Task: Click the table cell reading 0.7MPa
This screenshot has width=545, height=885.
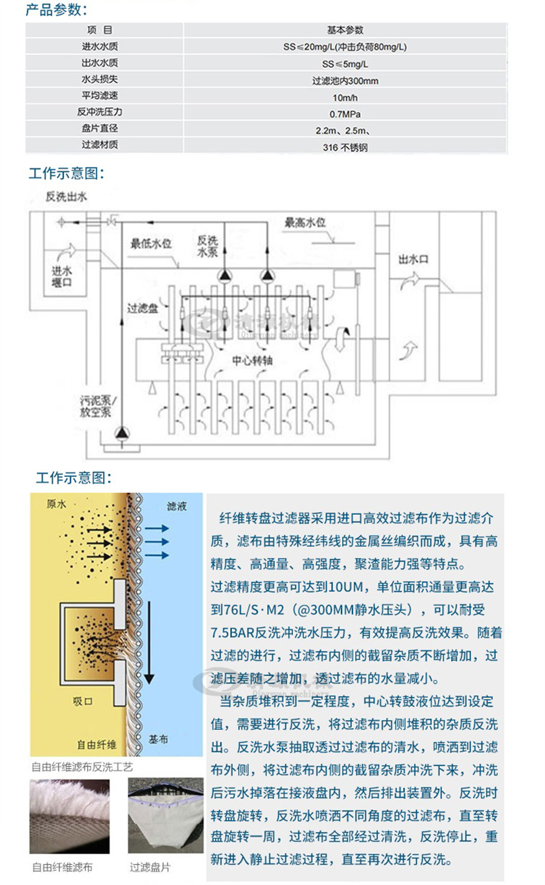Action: tap(345, 114)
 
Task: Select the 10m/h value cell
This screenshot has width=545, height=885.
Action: tap(345, 98)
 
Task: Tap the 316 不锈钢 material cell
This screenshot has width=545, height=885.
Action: tap(345, 147)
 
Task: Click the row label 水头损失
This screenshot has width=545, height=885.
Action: tap(100, 79)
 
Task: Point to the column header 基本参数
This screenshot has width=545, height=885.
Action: tap(345, 30)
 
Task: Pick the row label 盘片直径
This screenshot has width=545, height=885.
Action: tap(100, 128)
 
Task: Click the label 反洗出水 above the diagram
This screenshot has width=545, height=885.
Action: tap(66, 196)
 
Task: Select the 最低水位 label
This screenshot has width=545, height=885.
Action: tap(151, 244)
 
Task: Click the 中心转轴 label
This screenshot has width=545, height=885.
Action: tap(252, 360)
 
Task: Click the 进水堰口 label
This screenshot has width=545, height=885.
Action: tap(62, 277)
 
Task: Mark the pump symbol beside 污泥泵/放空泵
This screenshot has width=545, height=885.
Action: tap(122, 433)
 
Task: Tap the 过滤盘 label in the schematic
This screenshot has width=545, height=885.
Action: tap(142, 308)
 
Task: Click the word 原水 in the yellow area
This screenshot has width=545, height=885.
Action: tap(56, 505)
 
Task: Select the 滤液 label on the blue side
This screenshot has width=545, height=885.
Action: tap(176, 506)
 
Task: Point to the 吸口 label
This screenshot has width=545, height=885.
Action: tap(82, 701)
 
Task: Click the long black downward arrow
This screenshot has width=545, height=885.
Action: tap(149, 642)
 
